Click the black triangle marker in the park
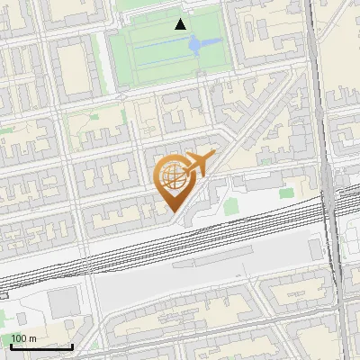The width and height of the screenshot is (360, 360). coord(181,24)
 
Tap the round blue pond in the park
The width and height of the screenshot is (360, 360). coord(201,43)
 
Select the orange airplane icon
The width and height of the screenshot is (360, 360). coord(197,164)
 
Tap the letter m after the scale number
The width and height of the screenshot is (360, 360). coord(33,338)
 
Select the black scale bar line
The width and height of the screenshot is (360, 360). coord(41,346)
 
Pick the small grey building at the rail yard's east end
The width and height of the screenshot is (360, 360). coord(316,249)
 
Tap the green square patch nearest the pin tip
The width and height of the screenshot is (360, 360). coord(231,206)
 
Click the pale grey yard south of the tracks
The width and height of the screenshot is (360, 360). coord(198,279)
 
